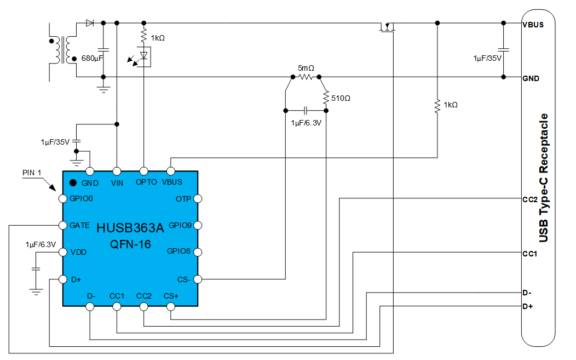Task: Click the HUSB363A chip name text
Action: pyautogui.click(x=130, y=227)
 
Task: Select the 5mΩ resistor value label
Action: pyautogui.click(x=306, y=68)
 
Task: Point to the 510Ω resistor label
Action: pyautogui.click(x=341, y=99)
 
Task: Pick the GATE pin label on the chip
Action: pyautogui.click(x=80, y=225)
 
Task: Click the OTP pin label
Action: pyautogui.click(x=183, y=198)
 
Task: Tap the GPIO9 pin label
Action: pyautogui.click(x=180, y=225)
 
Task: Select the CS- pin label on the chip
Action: pyautogui.click(x=184, y=279)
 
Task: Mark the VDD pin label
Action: pyautogui.click(x=78, y=252)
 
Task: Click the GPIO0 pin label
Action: pyautogui.click(x=82, y=198)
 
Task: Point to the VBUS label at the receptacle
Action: pyautogui.click(x=533, y=24)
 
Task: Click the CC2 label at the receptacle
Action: pyautogui.click(x=529, y=199)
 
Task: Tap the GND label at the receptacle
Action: pyautogui.click(x=531, y=78)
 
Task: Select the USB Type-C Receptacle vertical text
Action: pyautogui.click(x=544, y=178)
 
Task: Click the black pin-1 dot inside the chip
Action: pyautogui.click(x=72, y=183)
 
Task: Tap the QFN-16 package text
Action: pyautogui.click(x=130, y=244)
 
